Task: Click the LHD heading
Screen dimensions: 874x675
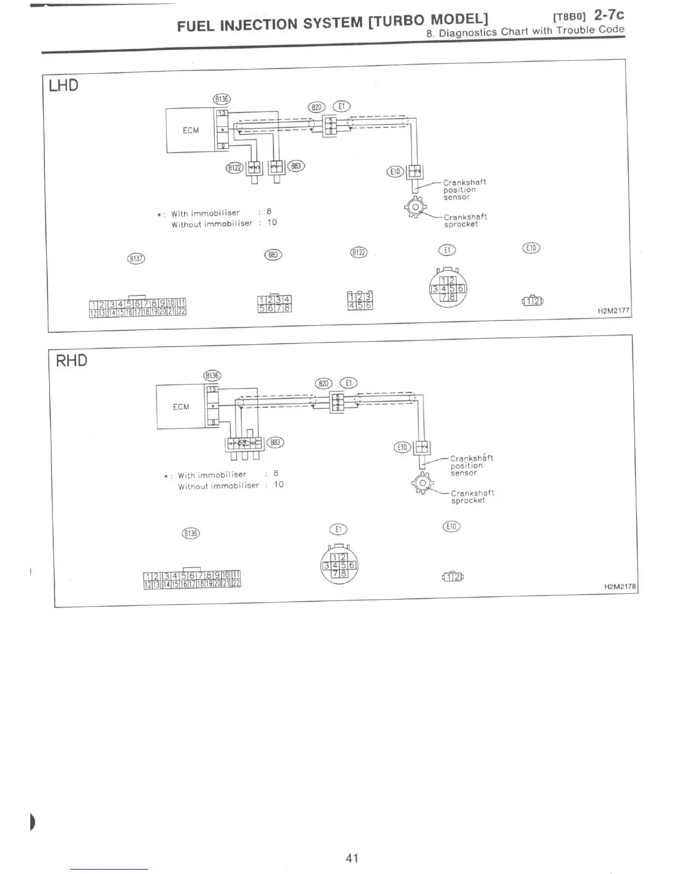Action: pos(64,86)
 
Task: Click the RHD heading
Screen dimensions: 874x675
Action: pos(72,361)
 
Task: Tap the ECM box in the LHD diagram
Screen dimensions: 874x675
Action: pos(190,130)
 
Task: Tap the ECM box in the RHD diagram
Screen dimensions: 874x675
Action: pos(181,407)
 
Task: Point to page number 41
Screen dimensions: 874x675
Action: pos(352,857)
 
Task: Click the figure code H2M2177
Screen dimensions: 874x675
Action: pos(613,311)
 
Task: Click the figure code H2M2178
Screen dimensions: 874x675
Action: pos(620,587)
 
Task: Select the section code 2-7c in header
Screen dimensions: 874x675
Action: pos(609,14)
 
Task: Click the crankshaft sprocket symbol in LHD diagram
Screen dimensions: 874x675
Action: pos(415,208)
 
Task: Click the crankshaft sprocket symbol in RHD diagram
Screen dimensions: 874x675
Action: pos(422,483)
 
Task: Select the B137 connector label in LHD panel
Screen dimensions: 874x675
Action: pos(136,258)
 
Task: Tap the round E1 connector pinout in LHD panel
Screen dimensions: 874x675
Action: pos(448,289)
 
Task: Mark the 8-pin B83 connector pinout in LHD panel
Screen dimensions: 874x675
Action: pos(274,303)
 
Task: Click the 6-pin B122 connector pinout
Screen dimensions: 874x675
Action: pos(360,300)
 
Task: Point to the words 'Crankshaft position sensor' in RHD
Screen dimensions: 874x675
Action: pos(471,465)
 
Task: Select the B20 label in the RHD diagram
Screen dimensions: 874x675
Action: pos(323,383)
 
